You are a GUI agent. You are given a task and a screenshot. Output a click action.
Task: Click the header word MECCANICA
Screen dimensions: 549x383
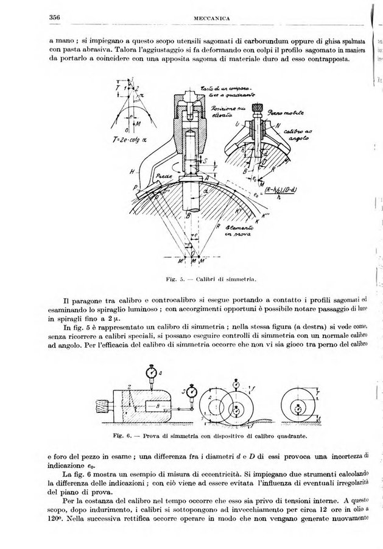tap(211, 19)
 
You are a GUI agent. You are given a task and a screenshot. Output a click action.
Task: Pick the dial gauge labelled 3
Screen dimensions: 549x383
tap(194, 390)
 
